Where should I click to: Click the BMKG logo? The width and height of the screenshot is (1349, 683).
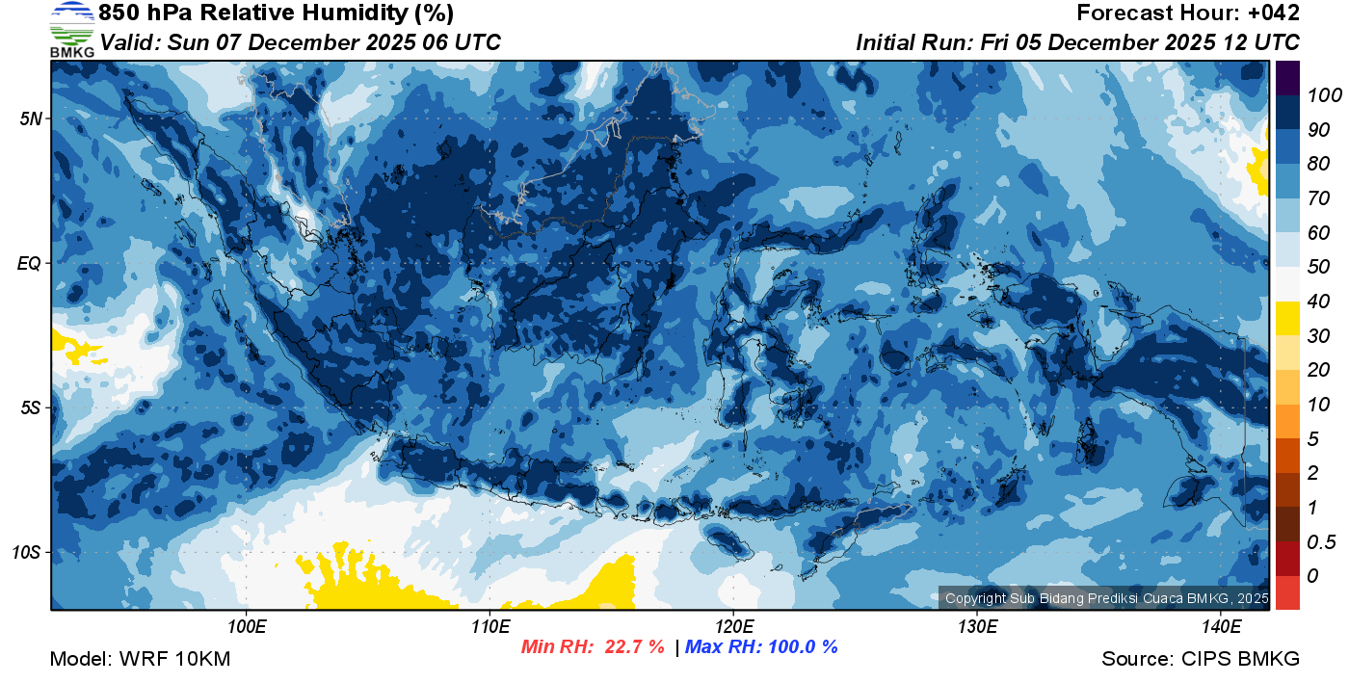71,29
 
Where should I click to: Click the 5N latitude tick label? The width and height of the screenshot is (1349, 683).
30,118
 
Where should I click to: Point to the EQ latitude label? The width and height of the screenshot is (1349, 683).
30,263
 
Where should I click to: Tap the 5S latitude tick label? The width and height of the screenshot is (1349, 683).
30,407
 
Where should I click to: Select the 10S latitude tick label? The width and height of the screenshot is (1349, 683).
26,552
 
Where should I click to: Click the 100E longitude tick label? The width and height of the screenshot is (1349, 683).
247,627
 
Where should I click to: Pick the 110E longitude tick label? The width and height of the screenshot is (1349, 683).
489,627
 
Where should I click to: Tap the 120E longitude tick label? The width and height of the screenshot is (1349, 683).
733,627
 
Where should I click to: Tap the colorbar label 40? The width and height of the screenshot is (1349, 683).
1319,302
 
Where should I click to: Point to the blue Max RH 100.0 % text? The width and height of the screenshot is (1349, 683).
761,647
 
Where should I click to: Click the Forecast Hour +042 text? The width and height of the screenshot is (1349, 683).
1188,13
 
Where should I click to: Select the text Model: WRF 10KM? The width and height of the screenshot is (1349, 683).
140,660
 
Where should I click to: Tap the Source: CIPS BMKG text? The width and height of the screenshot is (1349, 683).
1201,660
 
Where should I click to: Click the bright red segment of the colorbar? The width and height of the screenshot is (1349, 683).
1287,592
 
